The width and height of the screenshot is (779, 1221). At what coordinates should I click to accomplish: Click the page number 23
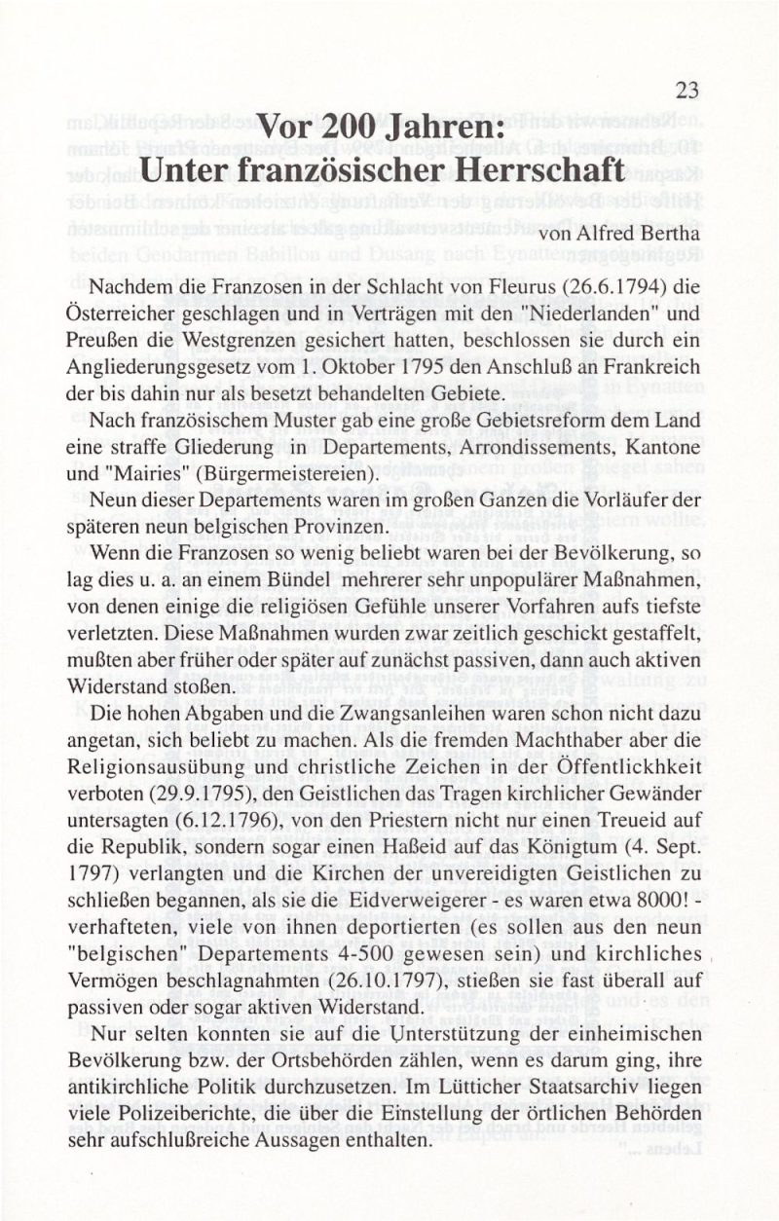tap(686, 92)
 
